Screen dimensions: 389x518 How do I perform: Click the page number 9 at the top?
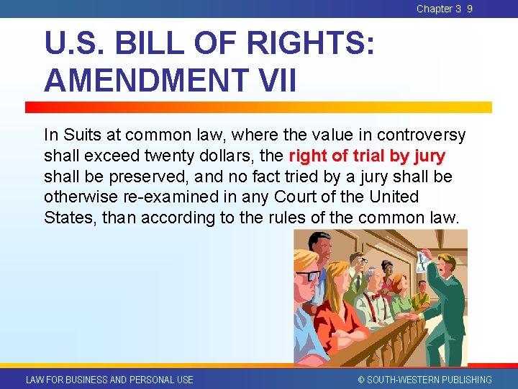point(470,9)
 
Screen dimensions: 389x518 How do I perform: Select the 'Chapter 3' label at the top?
point(439,9)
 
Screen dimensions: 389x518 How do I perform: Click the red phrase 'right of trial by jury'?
point(367,156)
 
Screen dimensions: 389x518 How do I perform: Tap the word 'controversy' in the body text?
point(422,135)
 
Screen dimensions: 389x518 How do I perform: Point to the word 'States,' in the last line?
point(70,218)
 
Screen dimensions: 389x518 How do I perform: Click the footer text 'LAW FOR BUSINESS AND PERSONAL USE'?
point(109,380)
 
